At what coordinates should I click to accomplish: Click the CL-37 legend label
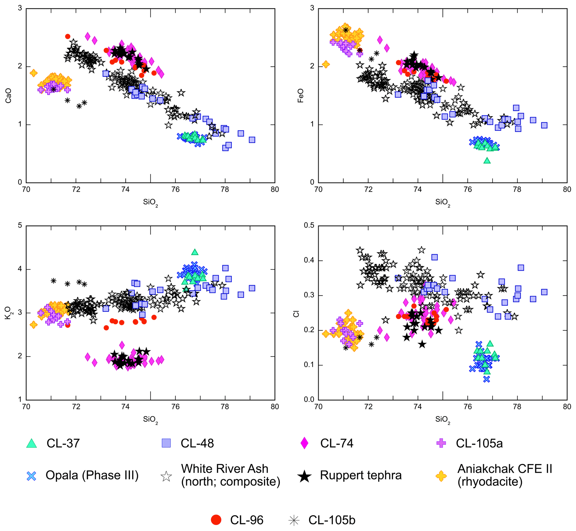63,443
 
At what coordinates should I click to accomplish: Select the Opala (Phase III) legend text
92,475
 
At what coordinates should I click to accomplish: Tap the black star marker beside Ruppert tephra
304,476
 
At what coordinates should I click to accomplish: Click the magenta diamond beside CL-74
304,443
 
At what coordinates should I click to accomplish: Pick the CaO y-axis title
9,96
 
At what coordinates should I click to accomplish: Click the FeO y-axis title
300,96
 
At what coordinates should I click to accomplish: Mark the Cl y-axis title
296,313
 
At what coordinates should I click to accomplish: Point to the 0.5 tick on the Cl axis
309,226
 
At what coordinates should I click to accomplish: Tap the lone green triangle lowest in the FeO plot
487,161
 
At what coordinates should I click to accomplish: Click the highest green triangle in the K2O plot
195,252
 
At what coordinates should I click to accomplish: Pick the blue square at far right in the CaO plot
252,140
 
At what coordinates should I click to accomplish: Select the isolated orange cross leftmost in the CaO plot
34,73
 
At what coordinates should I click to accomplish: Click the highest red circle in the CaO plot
68,37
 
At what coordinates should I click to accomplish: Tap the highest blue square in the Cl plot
434,257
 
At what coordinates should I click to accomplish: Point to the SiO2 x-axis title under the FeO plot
443,202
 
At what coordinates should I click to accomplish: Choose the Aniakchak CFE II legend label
504,475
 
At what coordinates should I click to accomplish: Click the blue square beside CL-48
166,443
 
